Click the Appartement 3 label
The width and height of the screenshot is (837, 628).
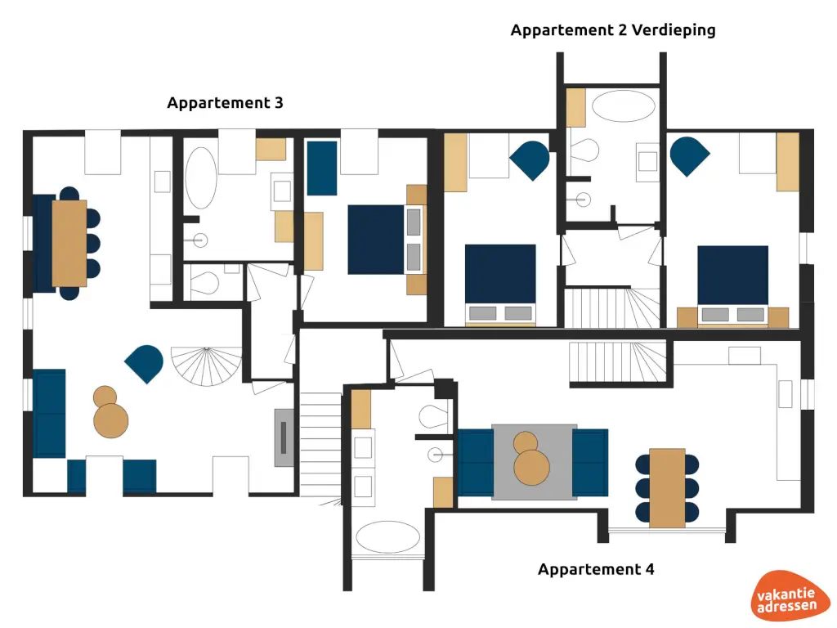tap(225, 103)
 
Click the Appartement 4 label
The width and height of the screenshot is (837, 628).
tap(596, 569)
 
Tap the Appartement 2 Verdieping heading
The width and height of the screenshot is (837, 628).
tap(613, 30)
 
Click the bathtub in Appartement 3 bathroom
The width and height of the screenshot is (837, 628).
tap(200, 177)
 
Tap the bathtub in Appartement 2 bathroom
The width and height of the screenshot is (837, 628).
tap(623, 106)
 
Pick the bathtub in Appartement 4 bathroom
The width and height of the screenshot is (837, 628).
tap(388, 538)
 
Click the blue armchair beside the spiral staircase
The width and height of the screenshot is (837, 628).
tap(145, 362)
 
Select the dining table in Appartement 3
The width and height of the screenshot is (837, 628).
tap(69, 243)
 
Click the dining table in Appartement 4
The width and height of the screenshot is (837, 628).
tap(667, 488)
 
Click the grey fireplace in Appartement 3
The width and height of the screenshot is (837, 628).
tap(284, 437)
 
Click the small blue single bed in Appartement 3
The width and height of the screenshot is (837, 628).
tap(322, 168)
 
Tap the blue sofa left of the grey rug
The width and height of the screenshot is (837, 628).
tap(474, 462)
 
